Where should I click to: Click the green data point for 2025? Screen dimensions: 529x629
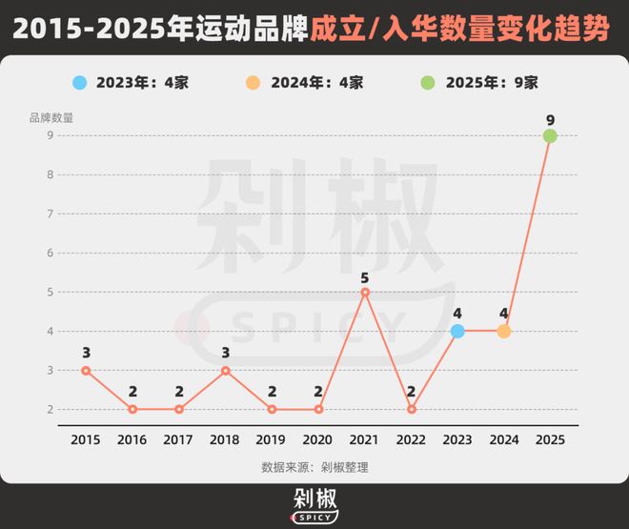coord(550,136)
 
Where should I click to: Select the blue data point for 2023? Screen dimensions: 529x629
coord(457,331)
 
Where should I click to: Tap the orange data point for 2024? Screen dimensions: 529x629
coord(503,331)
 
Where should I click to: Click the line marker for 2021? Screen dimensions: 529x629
coord(365,292)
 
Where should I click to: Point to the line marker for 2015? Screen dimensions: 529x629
coord(86,370)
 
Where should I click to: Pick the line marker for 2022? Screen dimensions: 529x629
coord(411,409)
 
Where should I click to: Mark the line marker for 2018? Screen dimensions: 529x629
coord(225,370)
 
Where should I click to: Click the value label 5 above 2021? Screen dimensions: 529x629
coord(365,278)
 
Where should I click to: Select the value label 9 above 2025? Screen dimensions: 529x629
coord(550,120)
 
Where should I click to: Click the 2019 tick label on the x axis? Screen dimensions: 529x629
coord(272,439)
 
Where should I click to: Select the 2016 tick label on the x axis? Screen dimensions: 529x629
coord(132,439)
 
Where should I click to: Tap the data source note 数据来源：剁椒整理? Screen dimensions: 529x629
coord(314,467)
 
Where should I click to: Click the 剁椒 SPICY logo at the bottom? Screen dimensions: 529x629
coord(314,505)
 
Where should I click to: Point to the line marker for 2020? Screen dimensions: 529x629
coord(318,409)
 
